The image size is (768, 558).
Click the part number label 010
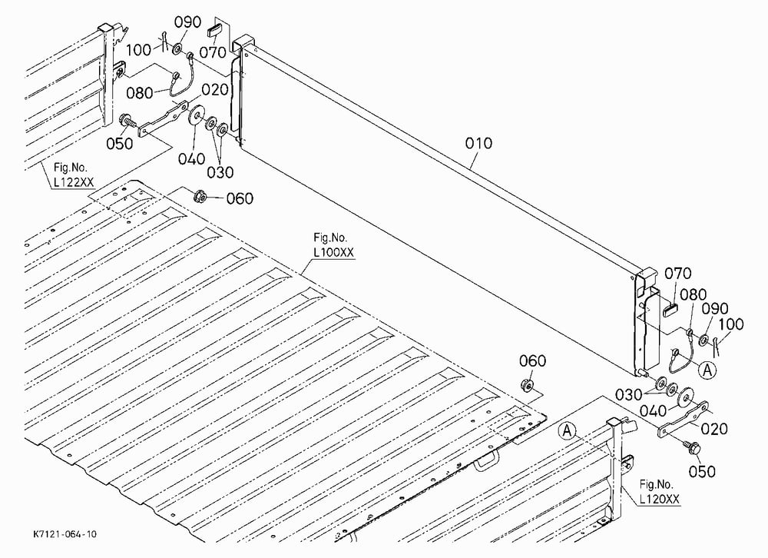click(x=478, y=143)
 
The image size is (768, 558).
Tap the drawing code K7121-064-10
click(x=65, y=533)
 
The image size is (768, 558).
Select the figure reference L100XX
click(x=333, y=253)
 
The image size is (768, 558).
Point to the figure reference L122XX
click(x=74, y=182)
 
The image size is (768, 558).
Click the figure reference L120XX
click(x=659, y=499)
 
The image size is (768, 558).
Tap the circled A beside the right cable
click(x=707, y=370)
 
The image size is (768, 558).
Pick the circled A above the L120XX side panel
click(x=568, y=431)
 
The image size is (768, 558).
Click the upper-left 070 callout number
click(x=213, y=52)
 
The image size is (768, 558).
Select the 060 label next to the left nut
click(x=240, y=198)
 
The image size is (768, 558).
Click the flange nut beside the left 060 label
click(x=200, y=196)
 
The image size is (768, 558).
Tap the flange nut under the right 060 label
click(x=528, y=385)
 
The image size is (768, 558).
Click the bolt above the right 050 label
click(x=692, y=447)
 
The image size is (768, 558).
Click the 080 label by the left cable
click(x=140, y=93)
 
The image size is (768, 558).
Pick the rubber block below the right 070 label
click(x=670, y=309)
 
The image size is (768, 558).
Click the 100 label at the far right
click(x=731, y=324)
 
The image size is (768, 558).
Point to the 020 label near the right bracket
click(x=714, y=429)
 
